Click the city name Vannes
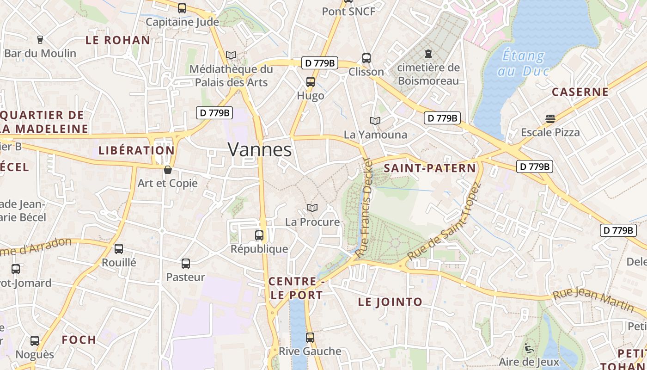260,149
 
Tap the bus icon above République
259,235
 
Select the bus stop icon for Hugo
311,82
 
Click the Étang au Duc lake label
523,63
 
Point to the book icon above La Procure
312,208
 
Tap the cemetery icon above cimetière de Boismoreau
428,54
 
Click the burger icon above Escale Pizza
550,119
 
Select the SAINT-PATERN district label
430,168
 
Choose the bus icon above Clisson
366,58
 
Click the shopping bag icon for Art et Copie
168,170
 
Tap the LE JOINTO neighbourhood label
390,302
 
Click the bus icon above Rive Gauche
310,338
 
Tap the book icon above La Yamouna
375,121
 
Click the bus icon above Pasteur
186,264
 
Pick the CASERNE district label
580,92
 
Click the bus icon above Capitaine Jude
182,8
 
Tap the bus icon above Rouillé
119,249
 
